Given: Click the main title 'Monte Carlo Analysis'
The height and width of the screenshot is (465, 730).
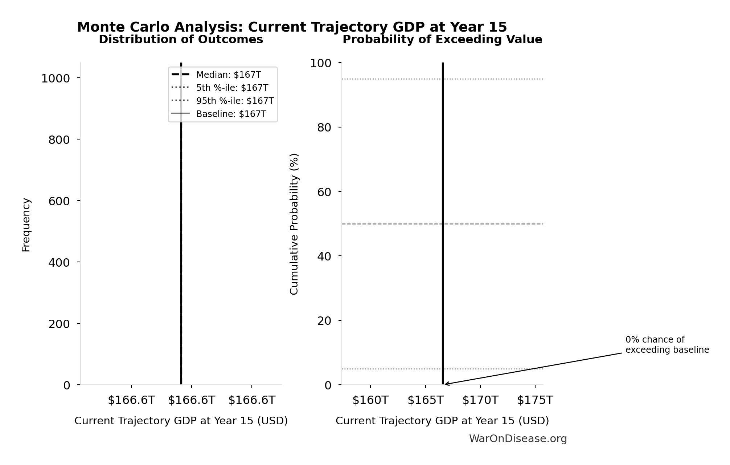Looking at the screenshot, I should pyautogui.click(x=292, y=27).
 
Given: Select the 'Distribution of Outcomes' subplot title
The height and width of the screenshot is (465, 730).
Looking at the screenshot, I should pyautogui.click(x=181, y=40).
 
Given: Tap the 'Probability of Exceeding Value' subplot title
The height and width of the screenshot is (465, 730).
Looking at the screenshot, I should pyautogui.click(x=442, y=40).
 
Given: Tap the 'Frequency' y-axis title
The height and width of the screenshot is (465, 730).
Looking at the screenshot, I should pyautogui.click(x=26, y=225).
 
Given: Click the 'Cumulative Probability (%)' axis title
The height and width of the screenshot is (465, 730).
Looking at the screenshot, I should pyautogui.click(x=294, y=224).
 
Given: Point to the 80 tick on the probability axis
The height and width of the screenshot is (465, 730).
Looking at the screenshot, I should pyautogui.click(x=324, y=128).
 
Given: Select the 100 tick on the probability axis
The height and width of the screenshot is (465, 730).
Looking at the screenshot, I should pyautogui.click(x=321, y=63).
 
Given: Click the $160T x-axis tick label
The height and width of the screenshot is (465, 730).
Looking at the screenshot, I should pyautogui.click(x=370, y=400).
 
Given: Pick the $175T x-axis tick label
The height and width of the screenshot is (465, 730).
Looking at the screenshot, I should pyautogui.click(x=535, y=400).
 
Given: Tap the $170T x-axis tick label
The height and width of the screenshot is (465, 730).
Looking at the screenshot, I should pyautogui.click(x=480, y=400).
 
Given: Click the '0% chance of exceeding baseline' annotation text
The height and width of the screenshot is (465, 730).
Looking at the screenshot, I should pyautogui.click(x=667, y=345).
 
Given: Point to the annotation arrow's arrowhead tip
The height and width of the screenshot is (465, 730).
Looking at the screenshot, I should pyautogui.click(x=445, y=384).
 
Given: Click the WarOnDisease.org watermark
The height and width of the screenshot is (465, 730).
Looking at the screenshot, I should pyautogui.click(x=518, y=439).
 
